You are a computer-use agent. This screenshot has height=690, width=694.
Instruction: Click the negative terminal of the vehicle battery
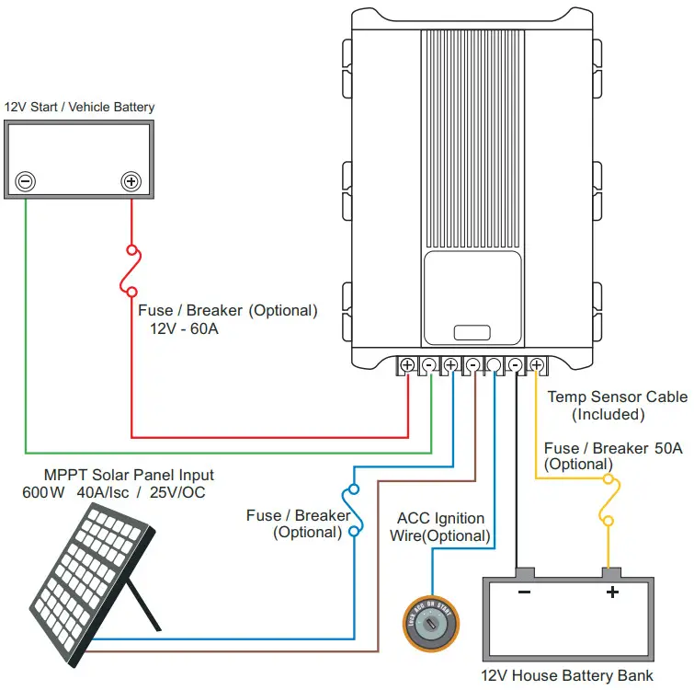(26, 181)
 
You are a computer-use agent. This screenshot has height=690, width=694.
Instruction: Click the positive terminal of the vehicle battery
(131, 181)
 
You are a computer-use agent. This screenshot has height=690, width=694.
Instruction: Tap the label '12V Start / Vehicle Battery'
(80, 107)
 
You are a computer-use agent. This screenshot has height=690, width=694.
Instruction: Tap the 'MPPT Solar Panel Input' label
(129, 475)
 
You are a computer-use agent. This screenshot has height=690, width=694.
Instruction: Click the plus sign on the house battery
(611, 592)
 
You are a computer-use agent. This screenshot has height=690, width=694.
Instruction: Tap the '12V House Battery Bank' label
(567, 675)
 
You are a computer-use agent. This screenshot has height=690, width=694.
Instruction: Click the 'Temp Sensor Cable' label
(617, 397)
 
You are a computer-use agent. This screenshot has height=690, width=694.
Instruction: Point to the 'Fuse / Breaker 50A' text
(613, 448)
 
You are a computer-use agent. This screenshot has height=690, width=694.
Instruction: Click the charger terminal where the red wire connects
(407, 365)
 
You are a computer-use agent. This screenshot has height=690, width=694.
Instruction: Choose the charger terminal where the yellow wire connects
(537, 365)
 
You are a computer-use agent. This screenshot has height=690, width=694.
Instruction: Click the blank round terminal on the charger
(494, 365)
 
